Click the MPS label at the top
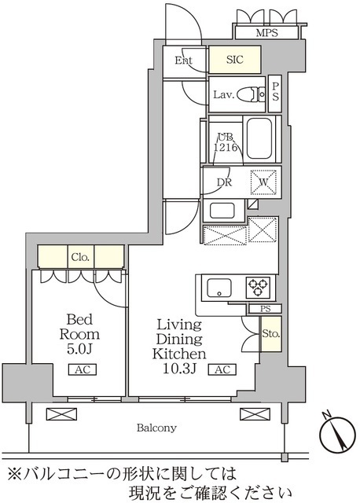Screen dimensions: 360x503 266,32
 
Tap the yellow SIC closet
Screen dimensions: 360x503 234,60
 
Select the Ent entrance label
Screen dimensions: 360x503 183,60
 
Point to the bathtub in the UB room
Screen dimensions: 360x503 259,138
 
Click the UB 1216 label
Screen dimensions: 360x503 226,142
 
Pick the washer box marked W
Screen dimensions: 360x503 263,182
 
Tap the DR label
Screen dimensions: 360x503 224,182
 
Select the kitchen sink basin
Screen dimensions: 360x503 219,288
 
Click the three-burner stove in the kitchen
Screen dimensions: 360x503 258,288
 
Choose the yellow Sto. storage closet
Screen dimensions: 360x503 271,333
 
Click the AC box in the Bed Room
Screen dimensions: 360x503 83,369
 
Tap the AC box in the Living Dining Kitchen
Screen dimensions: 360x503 222,369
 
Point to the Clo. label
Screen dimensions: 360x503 80,257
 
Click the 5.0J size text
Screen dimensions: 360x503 79,349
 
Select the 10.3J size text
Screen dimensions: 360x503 179,369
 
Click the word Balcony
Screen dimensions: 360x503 156,428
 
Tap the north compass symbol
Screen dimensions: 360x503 337,433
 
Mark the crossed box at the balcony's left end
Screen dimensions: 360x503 61,414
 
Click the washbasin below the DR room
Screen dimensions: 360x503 222,211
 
